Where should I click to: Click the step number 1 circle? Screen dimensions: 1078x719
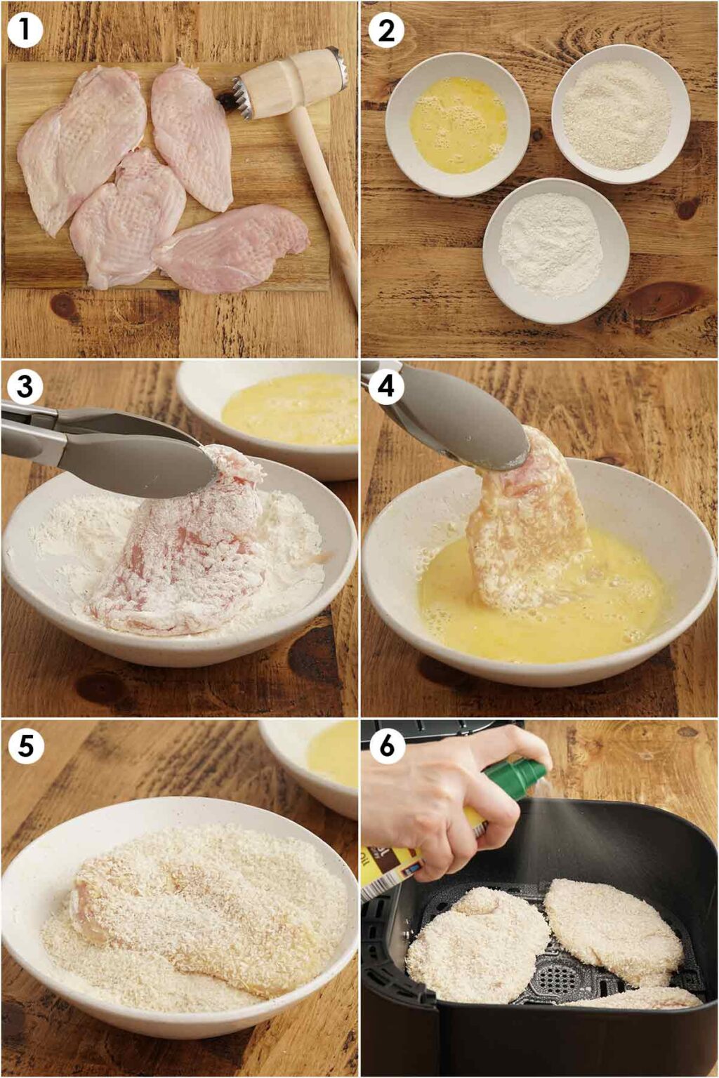tap(25, 31)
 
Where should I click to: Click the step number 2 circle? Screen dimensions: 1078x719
tap(386, 31)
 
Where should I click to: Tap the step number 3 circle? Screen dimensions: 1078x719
tap(25, 387)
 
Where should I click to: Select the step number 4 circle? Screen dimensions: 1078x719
tap(386, 387)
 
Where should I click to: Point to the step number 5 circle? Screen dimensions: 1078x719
tap(25, 746)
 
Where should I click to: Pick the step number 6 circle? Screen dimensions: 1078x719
tap(386, 746)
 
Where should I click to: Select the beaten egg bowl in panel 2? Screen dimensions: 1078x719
tap(457, 125)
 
